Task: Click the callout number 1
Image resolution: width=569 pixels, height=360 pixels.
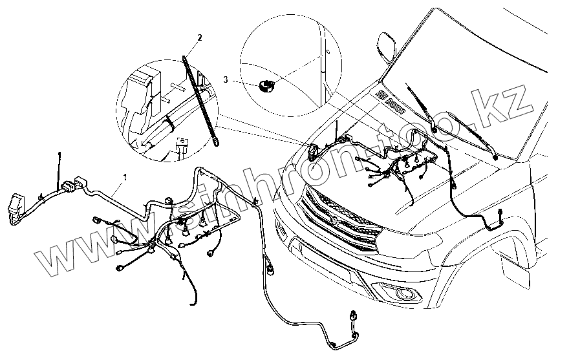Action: coord(125,176)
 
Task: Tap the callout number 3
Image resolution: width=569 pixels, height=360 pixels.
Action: coord(226,79)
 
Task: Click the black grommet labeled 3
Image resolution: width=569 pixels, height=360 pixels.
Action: coord(264,85)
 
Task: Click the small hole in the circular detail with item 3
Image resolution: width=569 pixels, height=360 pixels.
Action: coord(328,50)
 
